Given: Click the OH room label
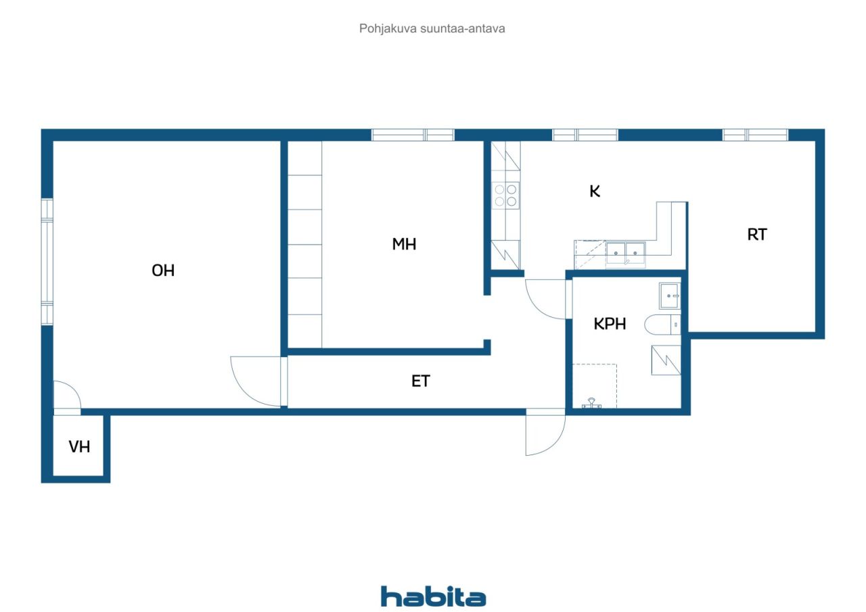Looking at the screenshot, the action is click(163, 270).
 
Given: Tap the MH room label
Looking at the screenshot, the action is click(404, 244).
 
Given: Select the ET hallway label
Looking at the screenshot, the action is click(421, 381).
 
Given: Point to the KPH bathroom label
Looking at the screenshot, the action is click(610, 324).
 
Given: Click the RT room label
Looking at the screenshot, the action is click(757, 235).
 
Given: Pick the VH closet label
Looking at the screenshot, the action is click(79, 446).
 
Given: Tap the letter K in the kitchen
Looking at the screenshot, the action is click(595, 191).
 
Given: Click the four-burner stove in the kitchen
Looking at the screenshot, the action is click(505, 195).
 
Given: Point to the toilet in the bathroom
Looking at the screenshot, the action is click(662, 324).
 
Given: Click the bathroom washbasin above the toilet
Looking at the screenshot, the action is click(670, 296).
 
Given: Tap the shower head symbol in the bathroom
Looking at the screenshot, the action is click(591, 403).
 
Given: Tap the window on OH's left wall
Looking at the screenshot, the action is click(47, 261).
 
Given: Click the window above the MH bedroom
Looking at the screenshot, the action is click(413, 135).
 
